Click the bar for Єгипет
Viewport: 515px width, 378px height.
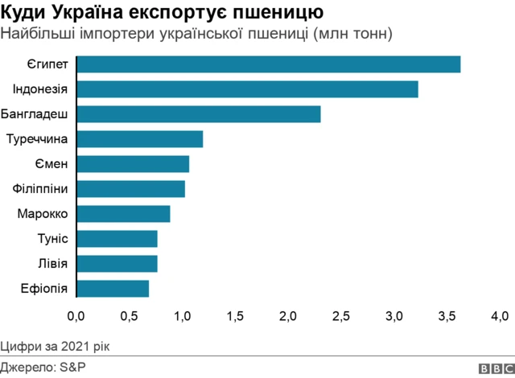pos(268,64)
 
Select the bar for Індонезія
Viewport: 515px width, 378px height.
pos(247,89)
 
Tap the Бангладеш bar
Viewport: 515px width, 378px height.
pos(198,114)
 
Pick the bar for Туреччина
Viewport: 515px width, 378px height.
pos(139,139)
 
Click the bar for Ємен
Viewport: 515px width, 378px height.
pos(133,164)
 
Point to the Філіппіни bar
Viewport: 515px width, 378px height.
pos(130,189)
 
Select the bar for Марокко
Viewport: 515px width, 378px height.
pos(123,214)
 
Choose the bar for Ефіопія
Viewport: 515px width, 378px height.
pos(113,288)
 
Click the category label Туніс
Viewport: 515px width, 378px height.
pos(52,239)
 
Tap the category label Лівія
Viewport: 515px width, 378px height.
pos(52,264)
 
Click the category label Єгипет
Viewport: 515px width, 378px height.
pos(47,64)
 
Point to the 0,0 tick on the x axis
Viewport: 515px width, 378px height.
pos(76,315)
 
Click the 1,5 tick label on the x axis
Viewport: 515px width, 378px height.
pos(235,315)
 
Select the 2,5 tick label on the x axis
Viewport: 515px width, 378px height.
pos(341,315)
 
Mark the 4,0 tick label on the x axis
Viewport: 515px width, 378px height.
pos(500,315)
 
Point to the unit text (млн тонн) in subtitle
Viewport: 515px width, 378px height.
pos(353,34)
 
